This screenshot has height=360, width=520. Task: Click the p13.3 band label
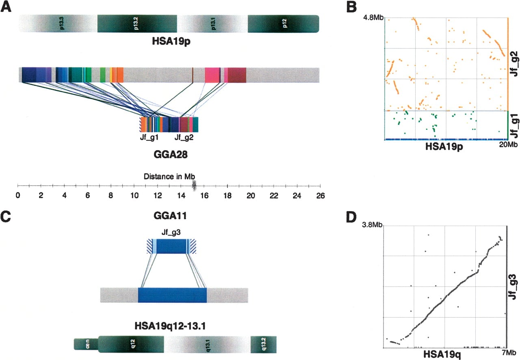(62, 24)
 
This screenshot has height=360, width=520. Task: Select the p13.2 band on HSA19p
(137, 24)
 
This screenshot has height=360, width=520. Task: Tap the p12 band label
(285, 24)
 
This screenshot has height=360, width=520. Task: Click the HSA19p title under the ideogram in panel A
(171, 41)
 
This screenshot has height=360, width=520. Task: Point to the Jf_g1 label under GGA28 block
(149, 137)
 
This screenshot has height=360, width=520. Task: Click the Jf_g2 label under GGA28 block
(184, 137)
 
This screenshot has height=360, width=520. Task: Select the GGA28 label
(171, 155)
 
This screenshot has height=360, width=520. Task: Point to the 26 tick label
(321, 196)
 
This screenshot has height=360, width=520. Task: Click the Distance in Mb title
(169, 177)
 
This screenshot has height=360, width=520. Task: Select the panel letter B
(351, 7)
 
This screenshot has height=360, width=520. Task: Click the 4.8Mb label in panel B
(374, 17)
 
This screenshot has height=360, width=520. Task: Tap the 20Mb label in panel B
(508, 144)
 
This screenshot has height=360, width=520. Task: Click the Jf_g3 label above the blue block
(171, 232)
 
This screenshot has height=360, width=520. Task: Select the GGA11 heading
(170, 216)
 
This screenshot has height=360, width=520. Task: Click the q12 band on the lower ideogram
(131, 344)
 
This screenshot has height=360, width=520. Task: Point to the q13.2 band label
(264, 344)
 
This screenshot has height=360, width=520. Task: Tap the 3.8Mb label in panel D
(372, 225)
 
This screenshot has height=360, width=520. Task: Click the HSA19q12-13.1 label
(170, 326)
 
